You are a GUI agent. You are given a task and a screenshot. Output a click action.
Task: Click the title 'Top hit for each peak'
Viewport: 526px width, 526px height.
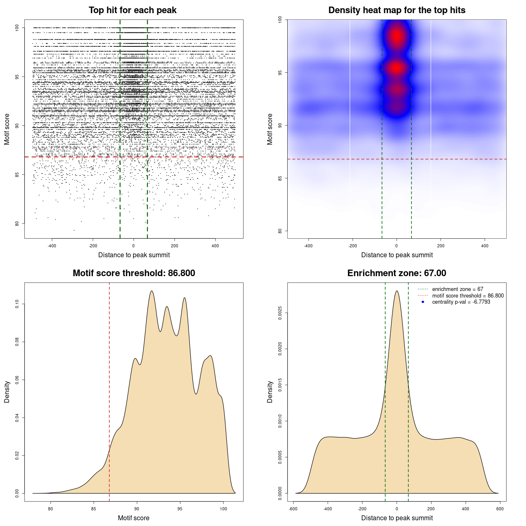click(x=132, y=10)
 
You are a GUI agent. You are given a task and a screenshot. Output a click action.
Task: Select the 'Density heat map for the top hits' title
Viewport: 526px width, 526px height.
click(x=397, y=10)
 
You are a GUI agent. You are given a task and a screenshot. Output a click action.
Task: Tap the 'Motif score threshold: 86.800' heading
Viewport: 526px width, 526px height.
click(x=134, y=273)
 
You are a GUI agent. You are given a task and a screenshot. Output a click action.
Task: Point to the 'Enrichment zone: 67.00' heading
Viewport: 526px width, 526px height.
click(x=397, y=273)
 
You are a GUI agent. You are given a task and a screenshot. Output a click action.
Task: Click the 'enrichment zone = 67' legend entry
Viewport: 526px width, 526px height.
click(x=457, y=289)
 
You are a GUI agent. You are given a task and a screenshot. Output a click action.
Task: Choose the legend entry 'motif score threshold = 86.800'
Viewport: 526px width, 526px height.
click(x=468, y=295)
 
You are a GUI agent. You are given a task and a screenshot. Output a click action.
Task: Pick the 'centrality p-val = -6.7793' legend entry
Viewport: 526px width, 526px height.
click(x=461, y=302)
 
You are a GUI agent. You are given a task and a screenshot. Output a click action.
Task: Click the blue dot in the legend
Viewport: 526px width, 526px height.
click(x=423, y=302)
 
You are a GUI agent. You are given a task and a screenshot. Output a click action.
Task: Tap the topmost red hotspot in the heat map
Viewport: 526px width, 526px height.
click(x=397, y=36)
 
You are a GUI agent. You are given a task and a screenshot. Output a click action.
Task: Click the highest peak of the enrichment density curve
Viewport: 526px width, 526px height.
click(x=397, y=291)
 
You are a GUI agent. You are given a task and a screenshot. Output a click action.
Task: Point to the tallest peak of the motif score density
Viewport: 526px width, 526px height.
click(x=152, y=291)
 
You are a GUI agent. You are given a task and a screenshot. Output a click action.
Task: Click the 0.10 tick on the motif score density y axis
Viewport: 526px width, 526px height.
click(x=17, y=304)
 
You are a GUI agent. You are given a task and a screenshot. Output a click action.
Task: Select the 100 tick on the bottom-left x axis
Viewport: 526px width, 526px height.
click(x=223, y=509)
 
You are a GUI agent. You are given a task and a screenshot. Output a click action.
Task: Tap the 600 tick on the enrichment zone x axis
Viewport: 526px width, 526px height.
click(x=500, y=509)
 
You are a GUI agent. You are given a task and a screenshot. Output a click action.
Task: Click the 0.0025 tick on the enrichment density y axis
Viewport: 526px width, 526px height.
click(x=280, y=313)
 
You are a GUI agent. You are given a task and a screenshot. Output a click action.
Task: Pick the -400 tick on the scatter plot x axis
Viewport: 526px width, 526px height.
click(x=52, y=246)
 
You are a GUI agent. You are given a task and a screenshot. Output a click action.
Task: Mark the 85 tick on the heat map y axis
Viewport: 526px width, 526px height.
click(x=280, y=178)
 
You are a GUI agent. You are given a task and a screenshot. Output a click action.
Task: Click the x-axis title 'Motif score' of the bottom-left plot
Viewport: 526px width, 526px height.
click(x=134, y=518)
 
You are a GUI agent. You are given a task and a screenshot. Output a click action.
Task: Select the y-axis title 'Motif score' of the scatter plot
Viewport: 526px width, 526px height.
click(x=7, y=129)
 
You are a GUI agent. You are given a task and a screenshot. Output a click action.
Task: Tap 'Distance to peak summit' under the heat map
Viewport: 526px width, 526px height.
click(x=397, y=255)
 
